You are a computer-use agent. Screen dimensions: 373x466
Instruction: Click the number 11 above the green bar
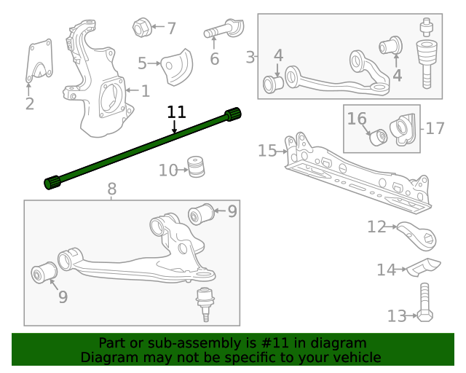[176, 112]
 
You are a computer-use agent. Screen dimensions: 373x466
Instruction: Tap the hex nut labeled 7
[142, 28]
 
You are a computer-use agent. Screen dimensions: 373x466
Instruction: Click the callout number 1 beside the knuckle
[146, 91]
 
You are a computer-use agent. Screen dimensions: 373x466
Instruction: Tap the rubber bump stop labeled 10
[194, 166]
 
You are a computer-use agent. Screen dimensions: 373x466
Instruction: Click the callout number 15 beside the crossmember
[267, 151]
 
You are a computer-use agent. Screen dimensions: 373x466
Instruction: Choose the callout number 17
[435, 128]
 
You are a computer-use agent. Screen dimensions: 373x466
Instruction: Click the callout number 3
[250, 57]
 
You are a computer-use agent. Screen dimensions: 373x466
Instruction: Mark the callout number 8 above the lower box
[111, 189]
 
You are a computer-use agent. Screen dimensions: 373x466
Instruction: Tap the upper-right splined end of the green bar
[232, 114]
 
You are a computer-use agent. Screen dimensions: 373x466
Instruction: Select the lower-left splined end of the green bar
[53, 182]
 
